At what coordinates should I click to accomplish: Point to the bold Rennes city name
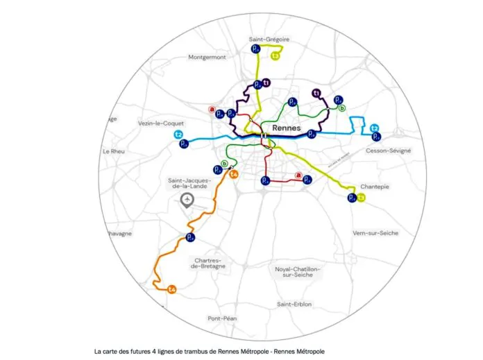click(x=286, y=128)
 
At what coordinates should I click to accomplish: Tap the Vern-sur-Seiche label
click(x=375, y=233)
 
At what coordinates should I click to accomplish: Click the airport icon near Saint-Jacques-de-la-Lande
click(x=187, y=200)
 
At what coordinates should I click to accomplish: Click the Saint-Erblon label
click(x=294, y=304)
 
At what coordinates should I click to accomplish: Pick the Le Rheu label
click(x=112, y=151)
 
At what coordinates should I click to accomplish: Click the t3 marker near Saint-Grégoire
click(x=276, y=55)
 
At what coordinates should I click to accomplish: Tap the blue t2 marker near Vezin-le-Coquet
click(x=178, y=134)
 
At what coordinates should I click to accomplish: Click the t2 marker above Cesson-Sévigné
click(x=375, y=128)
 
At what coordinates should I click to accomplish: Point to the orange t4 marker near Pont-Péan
click(x=172, y=289)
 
